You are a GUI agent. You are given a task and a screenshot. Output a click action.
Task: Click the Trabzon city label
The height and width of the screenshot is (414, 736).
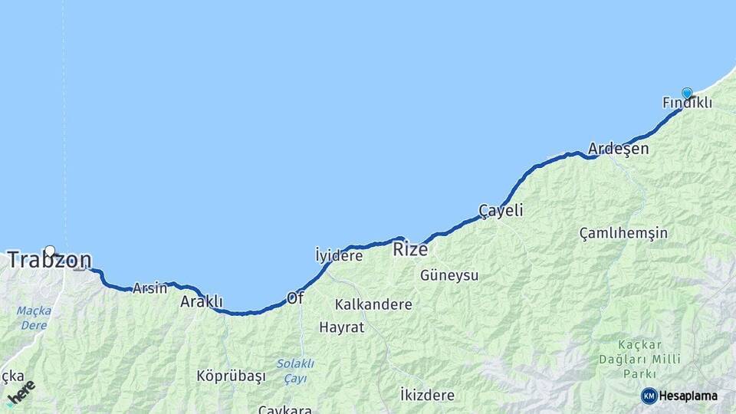(x=49, y=261)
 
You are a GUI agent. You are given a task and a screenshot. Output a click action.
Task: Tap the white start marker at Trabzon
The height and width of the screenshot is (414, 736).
(x=50, y=251)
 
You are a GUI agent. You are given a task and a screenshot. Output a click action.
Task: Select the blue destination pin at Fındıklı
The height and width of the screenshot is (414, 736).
(x=687, y=93)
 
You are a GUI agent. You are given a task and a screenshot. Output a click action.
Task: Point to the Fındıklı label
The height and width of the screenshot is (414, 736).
(x=687, y=103)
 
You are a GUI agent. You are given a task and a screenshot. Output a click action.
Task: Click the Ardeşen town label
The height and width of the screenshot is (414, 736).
(x=618, y=149)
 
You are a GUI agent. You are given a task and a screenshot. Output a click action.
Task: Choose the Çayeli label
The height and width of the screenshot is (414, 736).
(x=501, y=210)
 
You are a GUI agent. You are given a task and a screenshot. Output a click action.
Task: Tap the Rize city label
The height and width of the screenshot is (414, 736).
(x=410, y=249)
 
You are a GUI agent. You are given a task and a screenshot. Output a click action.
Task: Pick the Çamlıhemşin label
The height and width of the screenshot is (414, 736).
(x=623, y=233)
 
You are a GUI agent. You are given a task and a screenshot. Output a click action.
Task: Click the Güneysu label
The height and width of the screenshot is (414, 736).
(x=449, y=274)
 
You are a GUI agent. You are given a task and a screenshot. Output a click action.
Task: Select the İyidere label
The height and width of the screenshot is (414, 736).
(x=338, y=255)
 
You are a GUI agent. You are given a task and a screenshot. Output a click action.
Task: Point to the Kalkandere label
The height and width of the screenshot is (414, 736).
(x=373, y=304)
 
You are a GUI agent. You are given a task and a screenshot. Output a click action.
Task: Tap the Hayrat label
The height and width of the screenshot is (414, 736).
(x=342, y=327)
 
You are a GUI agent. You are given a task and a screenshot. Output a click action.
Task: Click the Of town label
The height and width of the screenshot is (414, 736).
(x=295, y=297)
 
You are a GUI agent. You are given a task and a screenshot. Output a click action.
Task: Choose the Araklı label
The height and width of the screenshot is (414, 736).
(x=202, y=301)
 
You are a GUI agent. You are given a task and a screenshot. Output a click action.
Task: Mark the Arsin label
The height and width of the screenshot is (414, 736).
(x=149, y=288)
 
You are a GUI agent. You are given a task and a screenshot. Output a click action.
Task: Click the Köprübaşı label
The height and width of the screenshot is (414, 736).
(x=231, y=376)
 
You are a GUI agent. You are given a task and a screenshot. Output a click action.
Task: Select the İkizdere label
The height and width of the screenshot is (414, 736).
(x=427, y=396)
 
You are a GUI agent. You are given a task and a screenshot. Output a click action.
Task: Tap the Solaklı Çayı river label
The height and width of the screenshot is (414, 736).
(x=295, y=371)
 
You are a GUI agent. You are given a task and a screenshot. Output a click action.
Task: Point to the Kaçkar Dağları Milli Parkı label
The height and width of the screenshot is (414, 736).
(x=639, y=359)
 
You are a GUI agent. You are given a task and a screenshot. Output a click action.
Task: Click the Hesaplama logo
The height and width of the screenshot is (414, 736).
(x=679, y=396)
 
